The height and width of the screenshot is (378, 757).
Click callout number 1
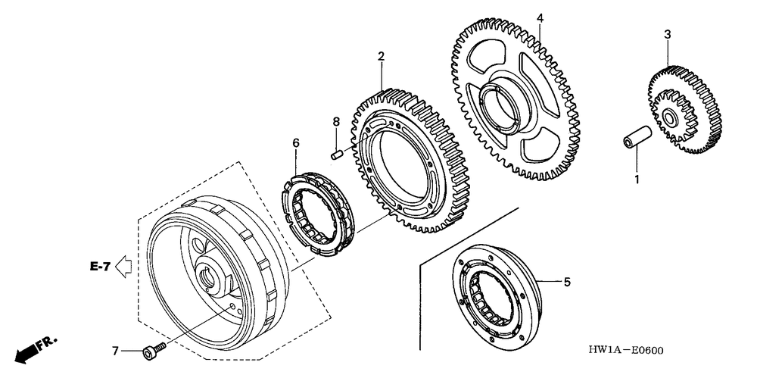tap(637, 180)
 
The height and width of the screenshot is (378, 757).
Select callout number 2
tap(381, 56)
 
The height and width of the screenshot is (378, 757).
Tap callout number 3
tap(667, 34)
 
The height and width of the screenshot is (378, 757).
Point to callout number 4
tap(540, 17)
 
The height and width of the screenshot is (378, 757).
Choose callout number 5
tap(565, 283)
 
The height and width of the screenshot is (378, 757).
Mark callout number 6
tap(296, 142)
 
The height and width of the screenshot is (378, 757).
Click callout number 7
tap(115, 350)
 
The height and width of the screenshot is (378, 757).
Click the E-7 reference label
tap(99, 266)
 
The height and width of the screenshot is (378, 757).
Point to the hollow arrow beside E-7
tap(126, 266)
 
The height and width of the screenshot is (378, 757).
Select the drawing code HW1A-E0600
tap(625, 351)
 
